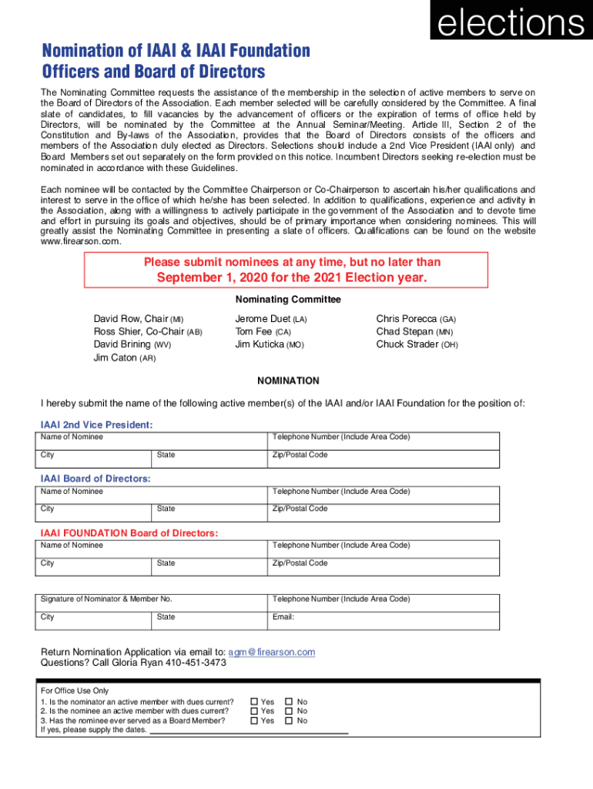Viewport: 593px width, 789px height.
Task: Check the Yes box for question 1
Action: click(255, 702)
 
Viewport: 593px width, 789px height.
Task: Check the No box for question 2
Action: click(290, 711)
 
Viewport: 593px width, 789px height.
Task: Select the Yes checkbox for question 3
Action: click(255, 720)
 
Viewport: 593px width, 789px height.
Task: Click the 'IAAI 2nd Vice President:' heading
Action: click(96, 425)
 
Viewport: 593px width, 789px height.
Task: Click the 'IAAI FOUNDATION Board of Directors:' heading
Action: click(129, 533)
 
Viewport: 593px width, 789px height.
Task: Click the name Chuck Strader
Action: click(407, 344)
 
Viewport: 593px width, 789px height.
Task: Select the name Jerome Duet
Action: click(263, 318)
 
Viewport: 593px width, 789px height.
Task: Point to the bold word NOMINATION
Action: click(288, 381)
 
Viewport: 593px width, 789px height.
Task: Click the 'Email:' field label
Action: click(283, 616)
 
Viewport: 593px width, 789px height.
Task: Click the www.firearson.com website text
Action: click(81, 241)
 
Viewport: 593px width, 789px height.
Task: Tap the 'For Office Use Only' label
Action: click(75, 691)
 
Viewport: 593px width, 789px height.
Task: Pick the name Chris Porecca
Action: click(407, 318)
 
